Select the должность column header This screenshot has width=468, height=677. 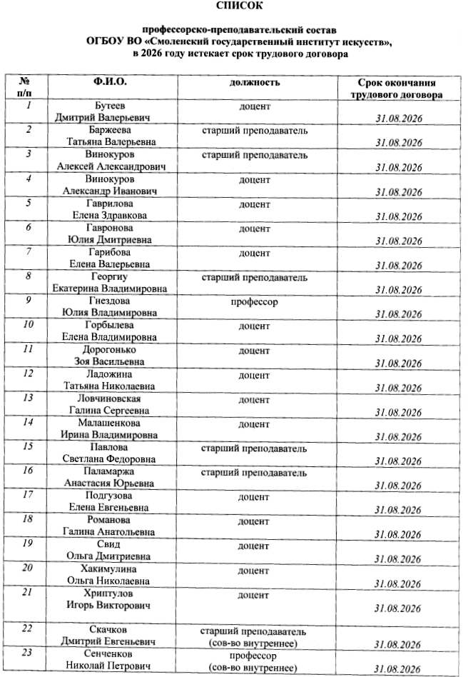(254, 83)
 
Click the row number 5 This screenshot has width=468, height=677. (28, 204)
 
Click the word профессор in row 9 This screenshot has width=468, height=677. (254, 302)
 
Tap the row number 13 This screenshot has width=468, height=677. (29, 398)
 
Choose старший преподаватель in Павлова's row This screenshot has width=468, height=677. (254, 448)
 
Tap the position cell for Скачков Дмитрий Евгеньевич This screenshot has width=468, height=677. (254, 637)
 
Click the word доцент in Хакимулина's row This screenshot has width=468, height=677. (254, 570)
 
